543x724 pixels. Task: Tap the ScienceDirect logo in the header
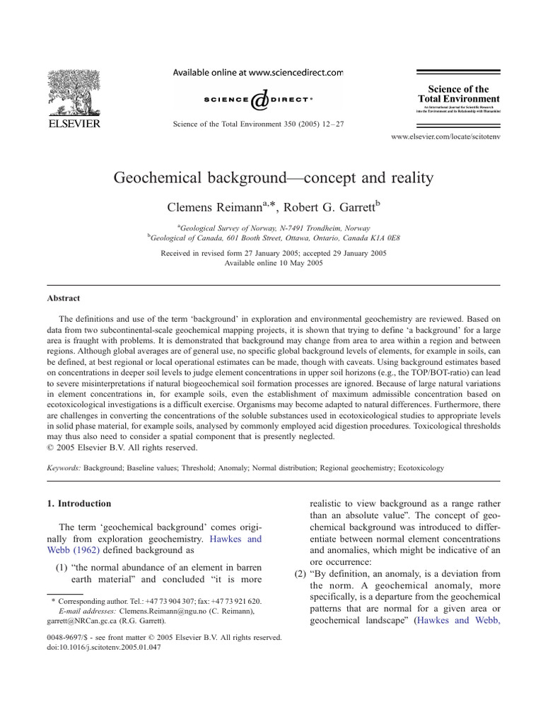click(258, 99)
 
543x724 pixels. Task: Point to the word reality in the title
click(405, 177)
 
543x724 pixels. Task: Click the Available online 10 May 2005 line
click(272, 262)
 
